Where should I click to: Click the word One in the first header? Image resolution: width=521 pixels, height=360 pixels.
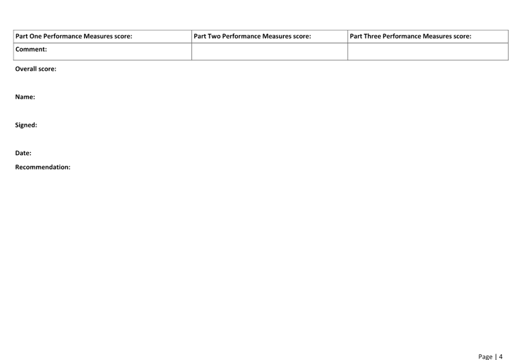[x=35, y=36]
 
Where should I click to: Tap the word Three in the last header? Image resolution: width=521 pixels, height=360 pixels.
[x=372, y=36]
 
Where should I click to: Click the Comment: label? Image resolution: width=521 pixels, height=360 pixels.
[x=31, y=50]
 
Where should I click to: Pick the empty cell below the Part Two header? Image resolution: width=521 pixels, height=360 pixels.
[x=269, y=52]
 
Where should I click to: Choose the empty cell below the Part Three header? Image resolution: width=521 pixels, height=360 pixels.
[x=428, y=52]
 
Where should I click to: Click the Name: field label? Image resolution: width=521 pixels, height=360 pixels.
[x=25, y=97]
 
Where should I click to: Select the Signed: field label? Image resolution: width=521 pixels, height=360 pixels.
[x=26, y=125]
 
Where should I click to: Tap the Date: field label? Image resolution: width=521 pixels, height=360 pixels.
[x=23, y=153]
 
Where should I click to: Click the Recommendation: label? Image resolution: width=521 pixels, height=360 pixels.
[x=43, y=167]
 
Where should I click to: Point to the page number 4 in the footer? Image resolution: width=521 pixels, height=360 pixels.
[x=501, y=357]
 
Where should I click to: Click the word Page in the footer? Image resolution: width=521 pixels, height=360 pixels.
[x=485, y=357]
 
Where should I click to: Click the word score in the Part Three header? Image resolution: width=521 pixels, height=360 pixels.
[x=462, y=36]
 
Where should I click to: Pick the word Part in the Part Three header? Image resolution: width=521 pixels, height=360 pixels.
[x=356, y=36]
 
